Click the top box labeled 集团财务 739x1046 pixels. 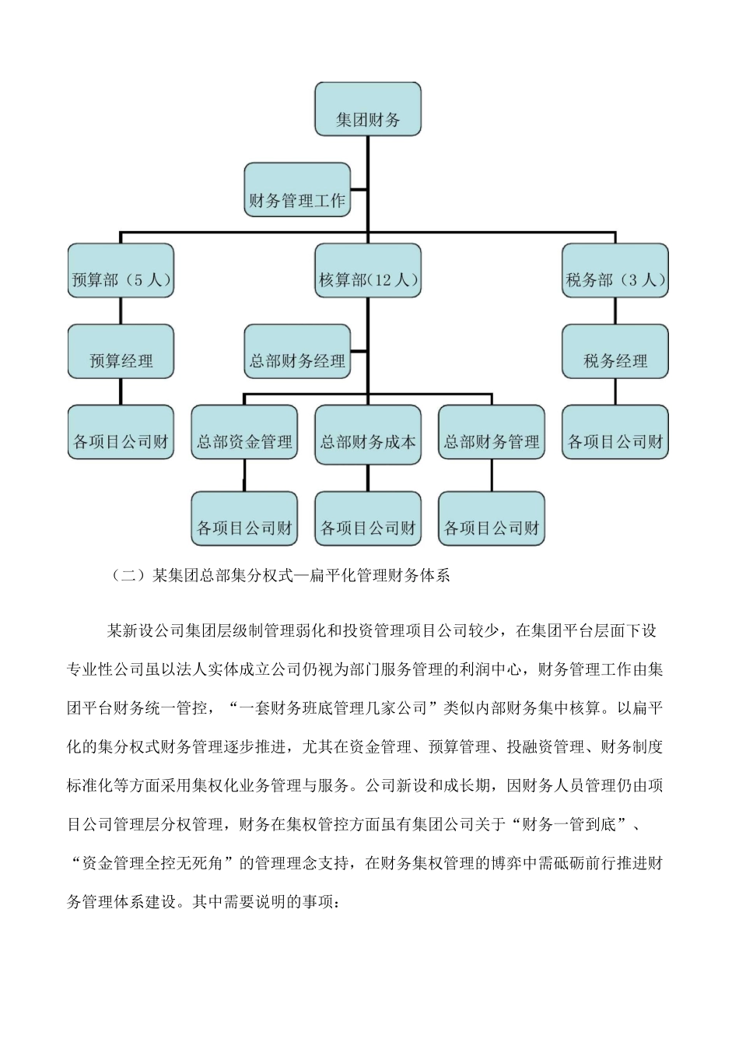click(x=367, y=110)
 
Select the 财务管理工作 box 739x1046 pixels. click(x=296, y=190)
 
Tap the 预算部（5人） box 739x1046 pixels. click(x=121, y=270)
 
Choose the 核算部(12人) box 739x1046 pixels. click(x=367, y=270)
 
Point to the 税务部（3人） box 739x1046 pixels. click(x=615, y=270)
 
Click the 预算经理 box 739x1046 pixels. click(x=121, y=352)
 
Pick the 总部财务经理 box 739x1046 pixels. click(x=296, y=352)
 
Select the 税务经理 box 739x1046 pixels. click(x=615, y=352)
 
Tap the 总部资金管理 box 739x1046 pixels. click(x=244, y=433)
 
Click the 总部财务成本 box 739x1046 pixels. click(x=367, y=433)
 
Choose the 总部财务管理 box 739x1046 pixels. click(x=491, y=433)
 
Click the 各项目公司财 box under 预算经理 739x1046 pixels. click(x=121, y=433)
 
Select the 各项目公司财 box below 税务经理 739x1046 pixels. click(x=615, y=433)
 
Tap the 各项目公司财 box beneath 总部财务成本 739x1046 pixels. click(x=367, y=519)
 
